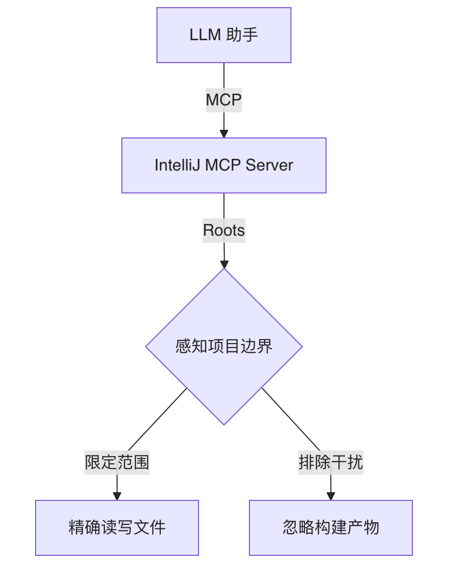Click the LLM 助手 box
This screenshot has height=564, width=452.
pyautogui.click(x=224, y=35)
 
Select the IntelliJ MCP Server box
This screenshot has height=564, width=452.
pyautogui.click(x=224, y=165)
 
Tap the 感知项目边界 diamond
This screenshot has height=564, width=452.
pyautogui.click(x=224, y=347)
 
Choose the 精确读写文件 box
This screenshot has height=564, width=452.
pyautogui.click(x=117, y=527)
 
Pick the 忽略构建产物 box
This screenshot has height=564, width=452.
pyautogui.click(x=331, y=527)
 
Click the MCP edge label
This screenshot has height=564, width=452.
pyautogui.click(x=224, y=100)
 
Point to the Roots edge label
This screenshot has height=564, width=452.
pyautogui.click(x=224, y=230)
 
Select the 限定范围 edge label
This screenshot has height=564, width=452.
pyautogui.click(x=117, y=462)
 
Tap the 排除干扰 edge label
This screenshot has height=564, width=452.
pyautogui.click(x=331, y=462)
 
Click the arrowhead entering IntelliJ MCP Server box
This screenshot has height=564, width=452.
pyautogui.click(x=224, y=134)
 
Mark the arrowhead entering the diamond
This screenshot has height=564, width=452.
pyautogui.click(x=224, y=264)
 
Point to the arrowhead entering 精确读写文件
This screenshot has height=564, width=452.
pyautogui.click(x=117, y=496)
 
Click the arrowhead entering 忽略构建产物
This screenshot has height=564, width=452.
pyautogui.click(x=331, y=496)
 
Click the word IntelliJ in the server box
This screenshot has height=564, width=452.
pyautogui.click(x=178, y=165)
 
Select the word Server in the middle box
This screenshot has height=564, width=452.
pyautogui.click(x=269, y=165)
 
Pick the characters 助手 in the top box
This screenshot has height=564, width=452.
pyautogui.click(x=242, y=35)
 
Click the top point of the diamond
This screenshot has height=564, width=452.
pyautogui.click(x=224, y=270)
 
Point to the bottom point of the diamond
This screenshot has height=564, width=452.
pyautogui.click(x=224, y=424)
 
